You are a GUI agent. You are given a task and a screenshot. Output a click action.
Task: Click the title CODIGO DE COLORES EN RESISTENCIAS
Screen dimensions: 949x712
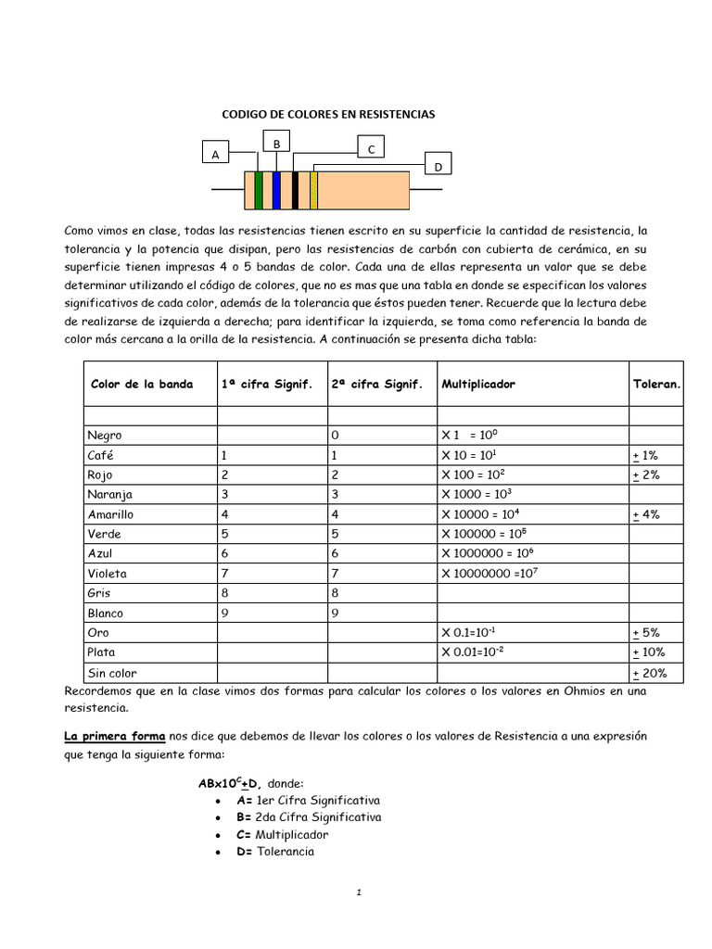click(327, 114)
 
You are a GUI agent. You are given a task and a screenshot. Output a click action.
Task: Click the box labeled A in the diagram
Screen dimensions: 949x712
click(215, 155)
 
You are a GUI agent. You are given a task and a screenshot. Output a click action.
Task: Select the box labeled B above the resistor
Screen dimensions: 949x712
click(276, 142)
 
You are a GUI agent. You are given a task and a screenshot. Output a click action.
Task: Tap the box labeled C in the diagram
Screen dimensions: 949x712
click(371, 148)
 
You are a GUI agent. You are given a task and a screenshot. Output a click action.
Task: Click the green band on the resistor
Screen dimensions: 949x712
click(259, 190)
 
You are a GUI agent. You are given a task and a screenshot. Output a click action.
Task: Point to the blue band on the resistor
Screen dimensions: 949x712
click(276, 190)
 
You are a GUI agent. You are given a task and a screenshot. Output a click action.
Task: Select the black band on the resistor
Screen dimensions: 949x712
click(295, 190)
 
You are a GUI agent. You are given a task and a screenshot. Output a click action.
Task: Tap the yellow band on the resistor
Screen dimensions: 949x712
click(314, 190)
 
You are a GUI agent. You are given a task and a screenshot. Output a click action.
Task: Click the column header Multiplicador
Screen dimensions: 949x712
click(478, 384)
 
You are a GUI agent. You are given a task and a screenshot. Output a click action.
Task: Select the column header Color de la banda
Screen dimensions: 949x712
click(142, 384)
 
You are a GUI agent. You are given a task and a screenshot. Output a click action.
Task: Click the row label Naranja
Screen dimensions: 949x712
click(108, 494)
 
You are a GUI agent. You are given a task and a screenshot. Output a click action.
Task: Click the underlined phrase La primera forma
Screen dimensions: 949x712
click(114, 735)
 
